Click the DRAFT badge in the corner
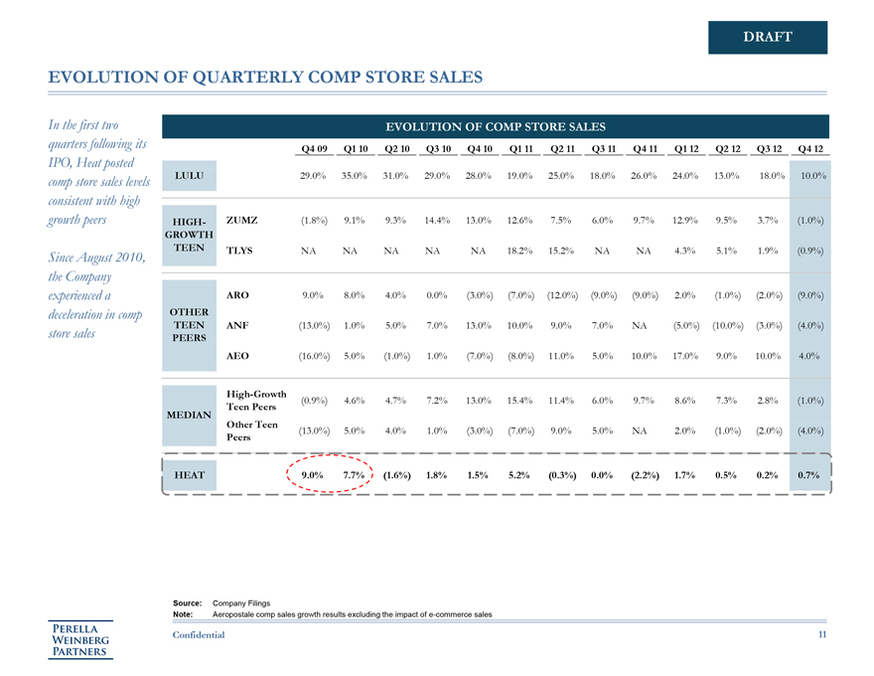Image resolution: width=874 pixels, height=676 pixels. click(767, 37)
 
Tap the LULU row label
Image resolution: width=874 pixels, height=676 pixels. click(190, 175)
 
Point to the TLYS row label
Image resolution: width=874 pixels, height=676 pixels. click(243, 251)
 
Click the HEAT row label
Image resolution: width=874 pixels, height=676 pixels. click(190, 475)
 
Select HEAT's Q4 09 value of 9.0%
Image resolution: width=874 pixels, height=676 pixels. click(313, 475)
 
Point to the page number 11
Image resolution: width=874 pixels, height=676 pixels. click(820, 634)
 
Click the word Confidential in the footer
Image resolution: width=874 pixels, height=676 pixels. click(199, 634)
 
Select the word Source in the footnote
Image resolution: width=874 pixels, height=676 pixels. click(187, 603)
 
